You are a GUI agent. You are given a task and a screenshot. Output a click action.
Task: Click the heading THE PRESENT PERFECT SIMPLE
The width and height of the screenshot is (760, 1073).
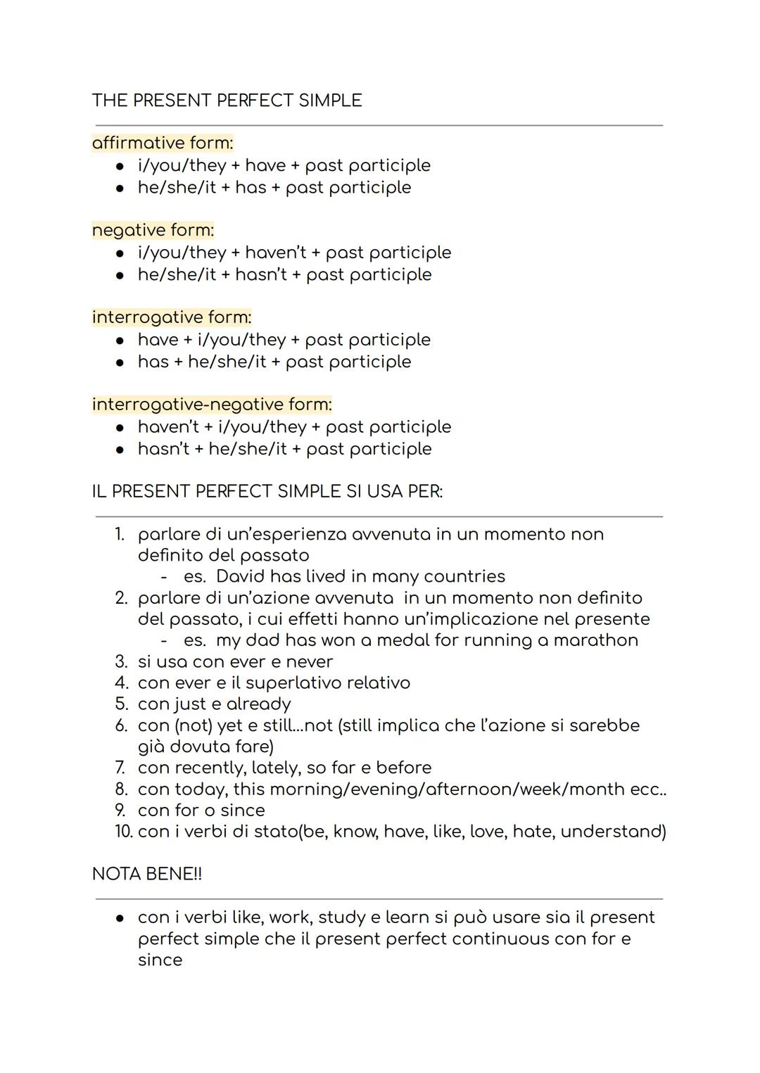point(227,101)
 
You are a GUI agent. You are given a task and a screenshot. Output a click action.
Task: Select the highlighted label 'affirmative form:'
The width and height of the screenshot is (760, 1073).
point(163,143)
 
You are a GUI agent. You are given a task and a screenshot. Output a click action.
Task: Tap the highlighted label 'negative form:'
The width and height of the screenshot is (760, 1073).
point(153,230)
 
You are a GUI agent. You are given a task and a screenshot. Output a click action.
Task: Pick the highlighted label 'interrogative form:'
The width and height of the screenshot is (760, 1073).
point(172,317)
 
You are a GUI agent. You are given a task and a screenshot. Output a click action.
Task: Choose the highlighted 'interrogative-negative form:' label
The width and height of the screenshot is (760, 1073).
point(212,405)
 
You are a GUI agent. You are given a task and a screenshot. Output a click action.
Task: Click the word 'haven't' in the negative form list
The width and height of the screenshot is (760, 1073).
point(276,253)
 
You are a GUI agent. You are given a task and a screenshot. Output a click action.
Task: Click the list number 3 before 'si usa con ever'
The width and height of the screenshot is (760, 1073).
point(121,662)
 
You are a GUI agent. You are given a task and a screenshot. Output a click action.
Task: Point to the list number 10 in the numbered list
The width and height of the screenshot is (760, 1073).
point(123,832)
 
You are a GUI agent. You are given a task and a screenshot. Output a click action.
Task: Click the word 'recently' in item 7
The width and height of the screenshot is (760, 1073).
point(210,768)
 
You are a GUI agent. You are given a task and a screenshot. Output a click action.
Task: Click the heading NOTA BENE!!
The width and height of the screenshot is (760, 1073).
point(147,874)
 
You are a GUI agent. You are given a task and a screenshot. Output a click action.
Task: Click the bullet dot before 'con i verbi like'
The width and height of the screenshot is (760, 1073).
point(120,918)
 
